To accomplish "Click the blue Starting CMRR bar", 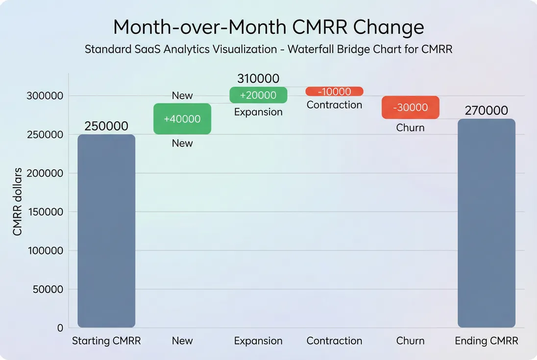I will point(106,231).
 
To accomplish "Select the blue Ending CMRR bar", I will point(486,223).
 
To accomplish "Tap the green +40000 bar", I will point(182,119).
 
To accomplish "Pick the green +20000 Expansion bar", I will point(258,95).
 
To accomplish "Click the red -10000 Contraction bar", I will point(334,92).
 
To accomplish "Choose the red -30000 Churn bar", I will point(410,107).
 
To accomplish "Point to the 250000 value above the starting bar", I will point(106,126).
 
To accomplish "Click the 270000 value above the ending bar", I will point(486,110).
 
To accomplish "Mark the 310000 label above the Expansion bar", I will point(258,78).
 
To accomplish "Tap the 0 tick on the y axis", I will point(60,328).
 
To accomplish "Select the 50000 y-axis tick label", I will point(48,289).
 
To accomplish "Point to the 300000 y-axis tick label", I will point(45,96).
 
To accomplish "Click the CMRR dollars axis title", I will point(18,202).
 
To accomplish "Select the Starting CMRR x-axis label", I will point(106,341).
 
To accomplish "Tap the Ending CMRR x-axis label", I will point(486,341).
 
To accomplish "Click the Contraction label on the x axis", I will point(334,341).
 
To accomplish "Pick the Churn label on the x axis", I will point(410,341).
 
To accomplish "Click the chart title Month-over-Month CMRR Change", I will point(268,26).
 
